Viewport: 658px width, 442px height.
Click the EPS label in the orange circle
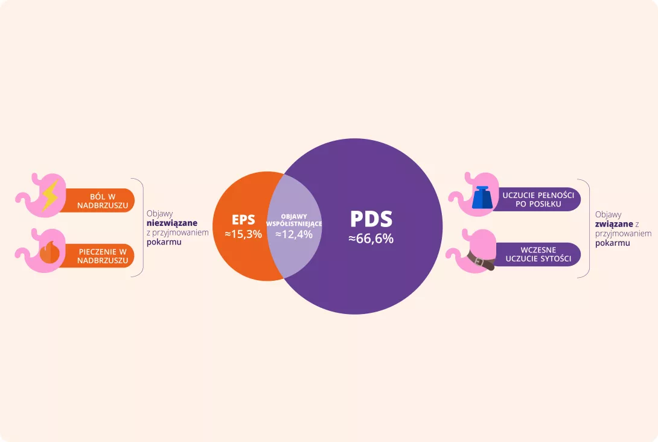(243, 220)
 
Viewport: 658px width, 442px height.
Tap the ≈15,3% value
(243, 234)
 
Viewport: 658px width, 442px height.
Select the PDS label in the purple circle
(371, 219)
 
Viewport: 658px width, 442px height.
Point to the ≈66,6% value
(371, 239)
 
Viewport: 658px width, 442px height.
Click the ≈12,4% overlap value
(294, 234)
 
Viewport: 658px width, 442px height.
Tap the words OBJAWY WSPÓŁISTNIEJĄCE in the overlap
(294, 220)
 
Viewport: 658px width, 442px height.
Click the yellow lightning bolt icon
(50, 196)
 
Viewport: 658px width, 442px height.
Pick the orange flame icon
(49, 252)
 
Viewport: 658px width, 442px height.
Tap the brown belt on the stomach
(482, 261)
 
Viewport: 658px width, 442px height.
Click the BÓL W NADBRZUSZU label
(103, 200)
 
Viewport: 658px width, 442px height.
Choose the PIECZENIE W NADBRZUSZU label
(103, 256)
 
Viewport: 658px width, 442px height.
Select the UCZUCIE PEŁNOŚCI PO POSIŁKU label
(538, 199)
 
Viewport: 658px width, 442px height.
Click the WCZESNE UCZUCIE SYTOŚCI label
(538, 254)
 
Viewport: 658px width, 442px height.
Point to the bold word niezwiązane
(172, 223)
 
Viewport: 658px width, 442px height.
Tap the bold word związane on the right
(614, 224)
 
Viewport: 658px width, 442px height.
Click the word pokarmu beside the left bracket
(164, 242)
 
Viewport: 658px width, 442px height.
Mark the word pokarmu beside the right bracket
(613, 243)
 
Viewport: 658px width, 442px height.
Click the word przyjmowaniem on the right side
(624, 234)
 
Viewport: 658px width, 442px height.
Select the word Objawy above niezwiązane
(160, 214)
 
